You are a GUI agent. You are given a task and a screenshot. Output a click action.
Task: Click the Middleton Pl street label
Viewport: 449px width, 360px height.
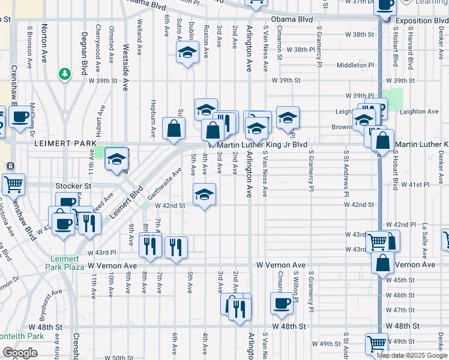click(355, 65)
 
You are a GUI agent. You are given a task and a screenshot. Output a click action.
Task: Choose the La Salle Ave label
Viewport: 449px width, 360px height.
click(424, 235)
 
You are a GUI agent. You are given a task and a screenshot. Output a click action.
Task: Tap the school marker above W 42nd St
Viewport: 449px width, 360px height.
click(204, 194)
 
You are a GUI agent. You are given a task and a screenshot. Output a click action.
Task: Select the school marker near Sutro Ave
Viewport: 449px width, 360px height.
click(187, 53)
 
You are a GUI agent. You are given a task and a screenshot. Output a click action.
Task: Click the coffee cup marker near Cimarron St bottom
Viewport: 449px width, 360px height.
click(282, 303)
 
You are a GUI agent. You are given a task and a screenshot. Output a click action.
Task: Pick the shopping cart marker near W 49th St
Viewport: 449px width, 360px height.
click(376, 344)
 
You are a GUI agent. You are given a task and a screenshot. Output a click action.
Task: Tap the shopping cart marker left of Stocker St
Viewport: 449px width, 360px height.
click(13, 185)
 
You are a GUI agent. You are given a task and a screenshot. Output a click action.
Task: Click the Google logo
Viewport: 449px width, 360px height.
click(20, 353)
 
